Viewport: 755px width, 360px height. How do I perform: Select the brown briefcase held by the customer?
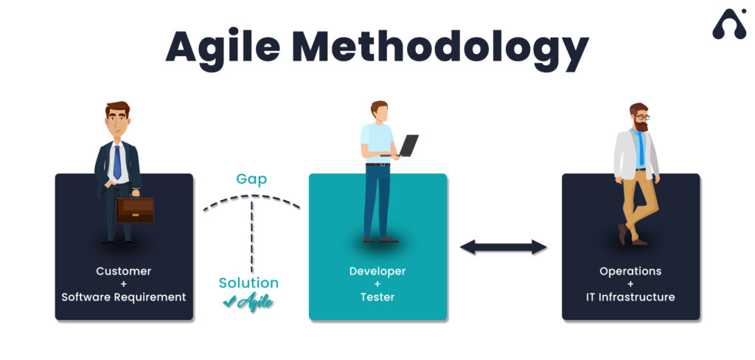[135, 210]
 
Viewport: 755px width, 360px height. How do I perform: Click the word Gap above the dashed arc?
[251, 179]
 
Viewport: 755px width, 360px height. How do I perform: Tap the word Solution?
[248, 283]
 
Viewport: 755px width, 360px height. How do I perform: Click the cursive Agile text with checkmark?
[248, 301]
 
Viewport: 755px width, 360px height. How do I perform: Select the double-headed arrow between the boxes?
[504, 247]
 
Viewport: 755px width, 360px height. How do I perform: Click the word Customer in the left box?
[124, 271]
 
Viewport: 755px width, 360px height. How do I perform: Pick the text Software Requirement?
[124, 297]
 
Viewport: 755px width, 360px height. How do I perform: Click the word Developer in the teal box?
[377, 271]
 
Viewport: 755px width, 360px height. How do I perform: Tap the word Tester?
[377, 297]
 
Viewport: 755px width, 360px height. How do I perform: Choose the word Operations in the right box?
[630, 271]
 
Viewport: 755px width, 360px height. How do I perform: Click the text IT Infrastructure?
[630, 297]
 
